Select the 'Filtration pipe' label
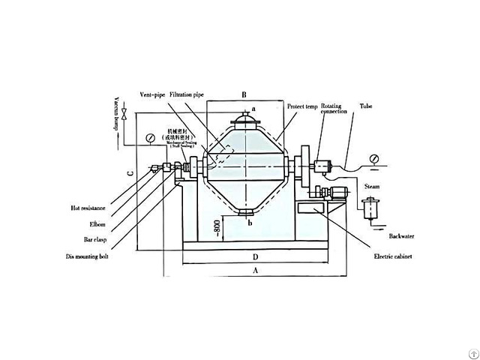(x=187, y=95)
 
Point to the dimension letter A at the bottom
(x=255, y=268)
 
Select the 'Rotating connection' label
(x=333, y=110)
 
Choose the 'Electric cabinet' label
(x=394, y=256)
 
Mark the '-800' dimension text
(x=215, y=226)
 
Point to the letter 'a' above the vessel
(x=253, y=109)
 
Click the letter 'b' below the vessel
(x=249, y=223)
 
